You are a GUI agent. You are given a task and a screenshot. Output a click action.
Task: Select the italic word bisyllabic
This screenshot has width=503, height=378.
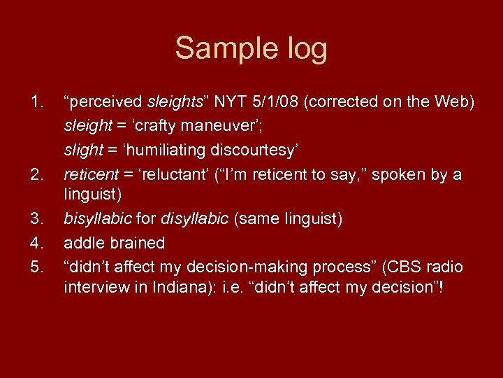point(98,220)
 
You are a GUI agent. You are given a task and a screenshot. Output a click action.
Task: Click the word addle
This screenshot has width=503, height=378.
point(82,244)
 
